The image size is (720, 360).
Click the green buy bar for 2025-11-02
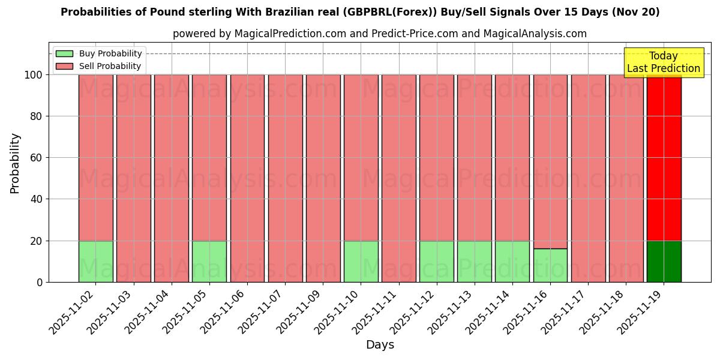coord(95,262)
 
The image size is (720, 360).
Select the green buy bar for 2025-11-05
coord(209,262)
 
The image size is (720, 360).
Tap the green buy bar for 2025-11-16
coord(550,265)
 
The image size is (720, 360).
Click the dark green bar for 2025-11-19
coord(664,262)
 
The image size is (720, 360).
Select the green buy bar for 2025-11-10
coord(361,262)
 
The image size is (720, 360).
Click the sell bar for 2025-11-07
coord(285,178)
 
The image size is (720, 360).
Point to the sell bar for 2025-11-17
coord(588,178)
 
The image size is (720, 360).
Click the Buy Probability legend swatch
coord(64,53)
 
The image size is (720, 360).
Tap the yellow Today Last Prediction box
coord(663,62)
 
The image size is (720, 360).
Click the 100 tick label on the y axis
coord(33,75)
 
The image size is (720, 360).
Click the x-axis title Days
coord(380,345)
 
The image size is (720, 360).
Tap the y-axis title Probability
coord(15,163)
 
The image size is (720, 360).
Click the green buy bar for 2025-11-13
coord(474,262)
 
